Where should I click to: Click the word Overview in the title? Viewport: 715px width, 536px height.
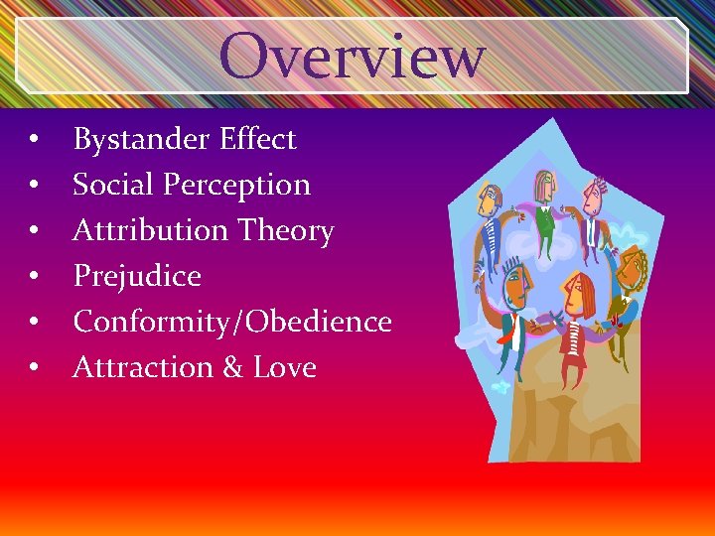[353, 56]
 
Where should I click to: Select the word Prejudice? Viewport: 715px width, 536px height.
[137, 276]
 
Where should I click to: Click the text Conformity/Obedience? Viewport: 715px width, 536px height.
[232, 322]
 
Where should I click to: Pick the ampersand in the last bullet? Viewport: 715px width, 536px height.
[232, 367]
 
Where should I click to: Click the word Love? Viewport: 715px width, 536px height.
[285, 367]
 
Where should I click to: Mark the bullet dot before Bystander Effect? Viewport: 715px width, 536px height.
[34, 141]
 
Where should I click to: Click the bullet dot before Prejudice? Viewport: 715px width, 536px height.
[34, 277]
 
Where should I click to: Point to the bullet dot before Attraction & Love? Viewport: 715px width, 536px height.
[34, 368]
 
